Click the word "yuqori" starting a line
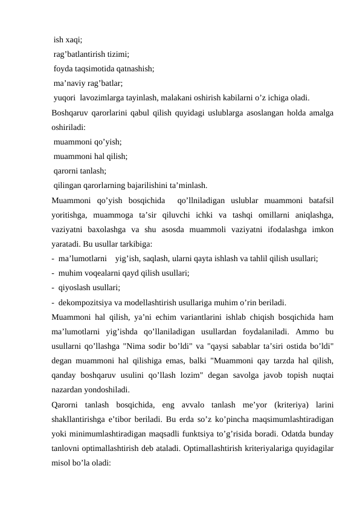(64, 97)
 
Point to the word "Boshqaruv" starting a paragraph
(71, 112)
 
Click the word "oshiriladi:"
(69, 127)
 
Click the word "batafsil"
(320, 199)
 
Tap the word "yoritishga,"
(72, 214)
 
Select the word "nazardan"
(69, 389)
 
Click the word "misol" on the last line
(63, 461)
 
